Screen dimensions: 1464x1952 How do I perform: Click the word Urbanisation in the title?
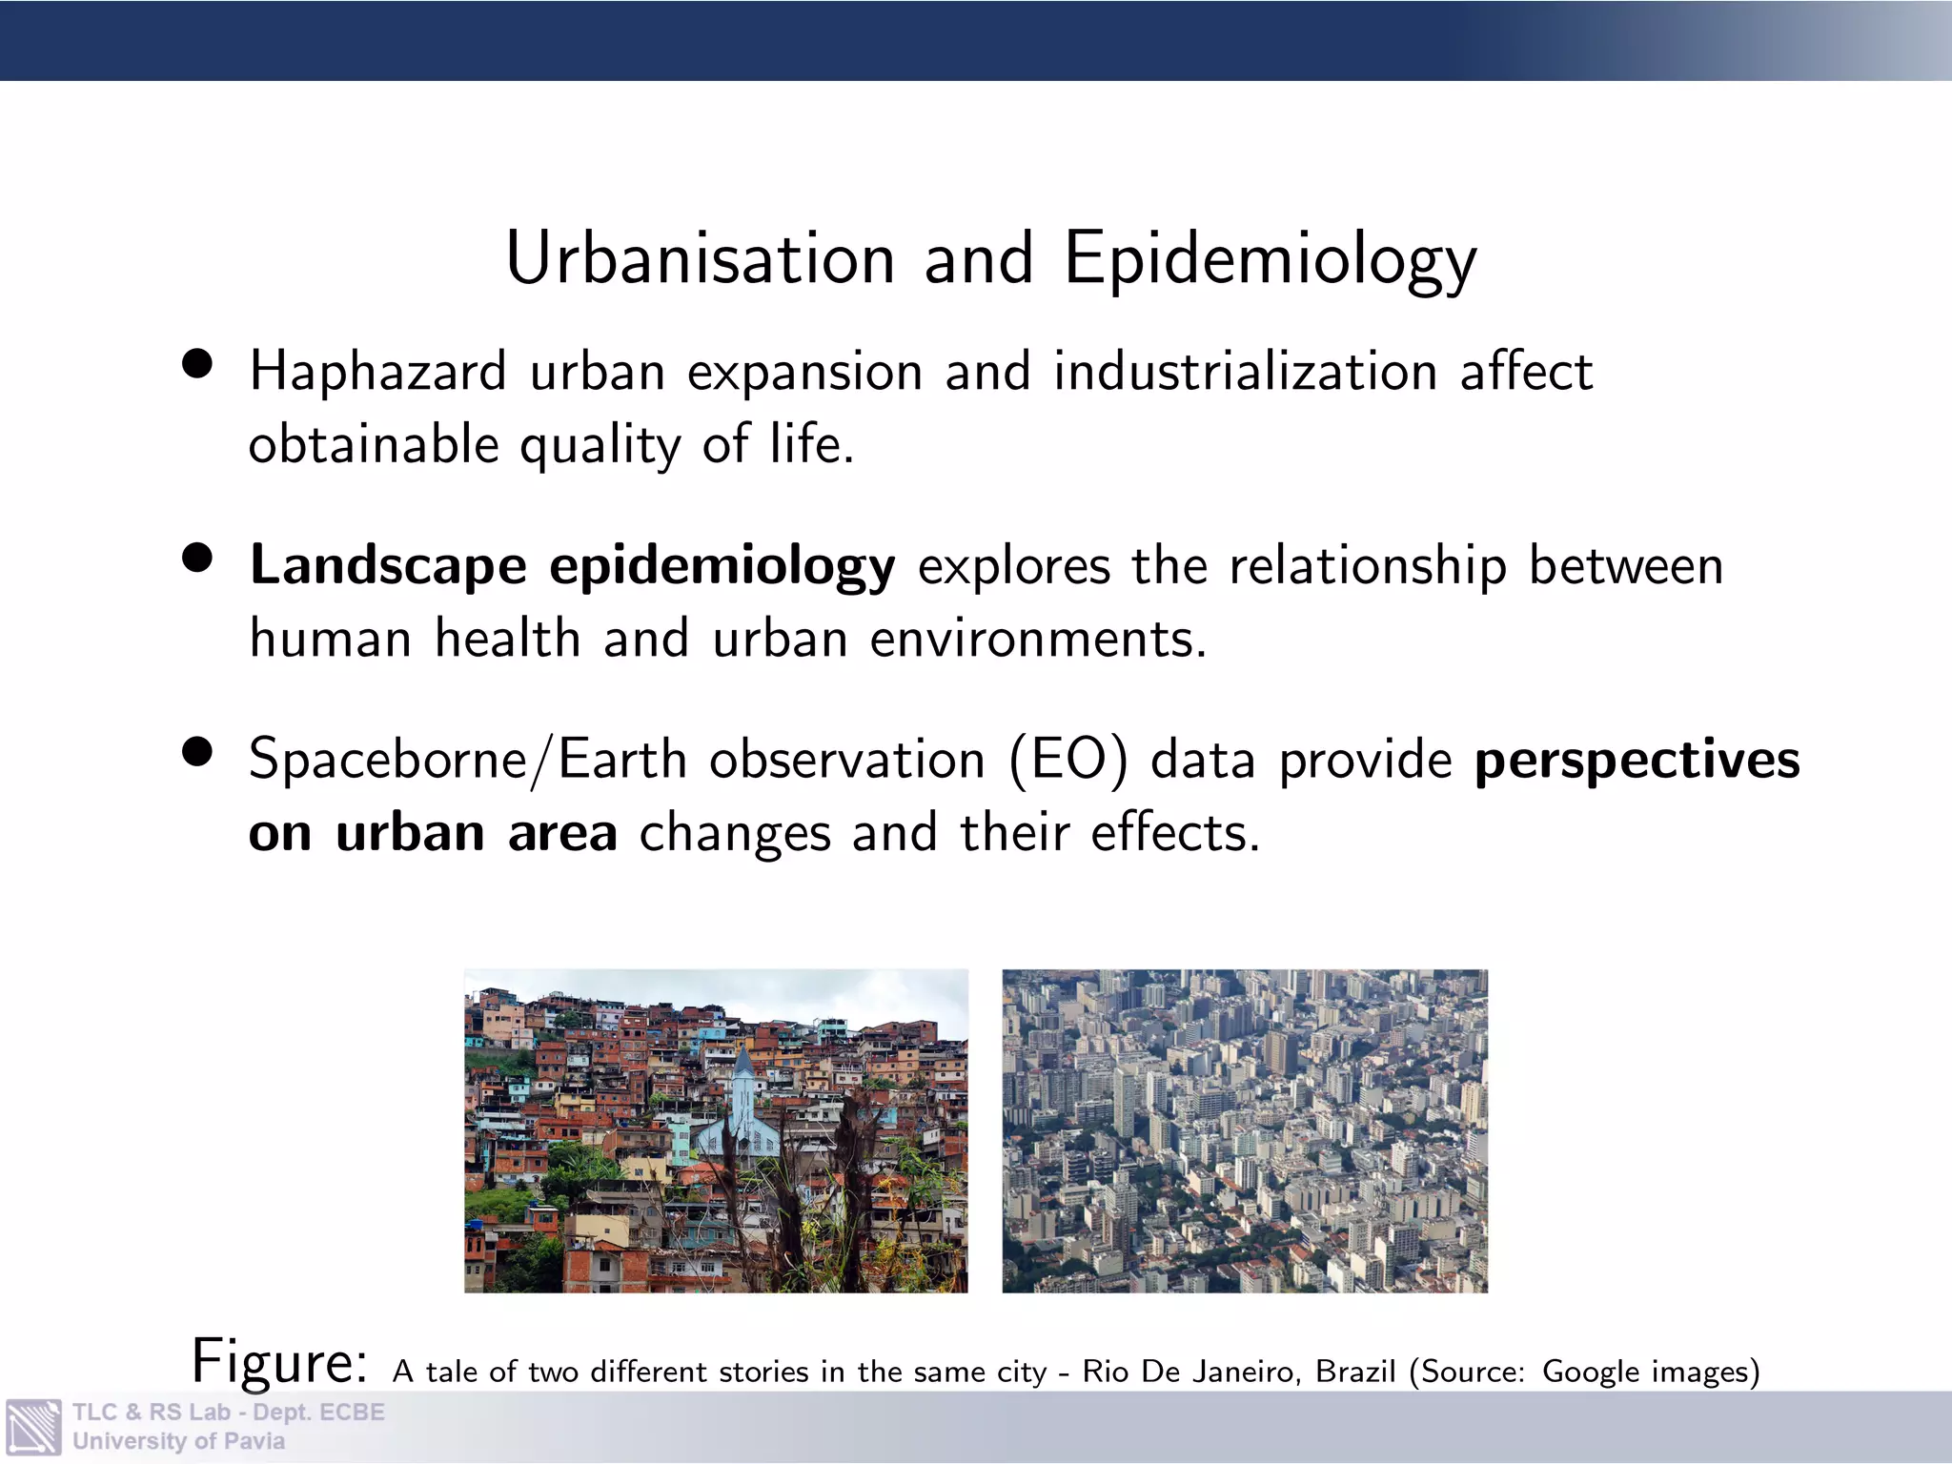pyautogui.click(x=701, y=258)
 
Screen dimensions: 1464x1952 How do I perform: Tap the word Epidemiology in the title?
pyautogui.click(x=1270, y=260)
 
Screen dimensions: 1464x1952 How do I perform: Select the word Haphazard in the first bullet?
pyautogui.click(x=377, y=372)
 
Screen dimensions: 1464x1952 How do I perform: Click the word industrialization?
pyautogui.click(x=1245, y=372)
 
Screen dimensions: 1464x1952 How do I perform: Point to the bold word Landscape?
pyautogui.click(x=388, y=566)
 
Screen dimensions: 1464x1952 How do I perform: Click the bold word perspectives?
pyautogui.click(x=1637, y=760)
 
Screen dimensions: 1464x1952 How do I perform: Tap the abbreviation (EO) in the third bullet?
pyautogui.click(x=1067, y=761)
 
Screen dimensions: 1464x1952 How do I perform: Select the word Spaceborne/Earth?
pyautogui.click(x=468, y=761)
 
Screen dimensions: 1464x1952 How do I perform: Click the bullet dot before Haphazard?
pyautogui.click(x=197, y=364)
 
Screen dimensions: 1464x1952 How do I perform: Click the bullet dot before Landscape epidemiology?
pyautogui.click(x=197, y=559)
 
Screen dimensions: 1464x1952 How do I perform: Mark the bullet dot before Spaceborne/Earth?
pyautogui.click(x=197, y=752)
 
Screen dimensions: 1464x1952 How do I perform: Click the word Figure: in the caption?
pyautogui.click(x=279, y=1361)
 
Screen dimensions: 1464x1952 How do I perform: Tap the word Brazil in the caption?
pyautogui.click(x=1354, y=1372)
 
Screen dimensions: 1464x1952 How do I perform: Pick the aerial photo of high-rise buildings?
pyautogui.click(x=1244, y=1130)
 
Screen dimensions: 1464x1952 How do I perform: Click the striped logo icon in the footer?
pyautogui.click(x=33, y=1427)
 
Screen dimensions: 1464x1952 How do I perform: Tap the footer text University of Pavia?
pyautogui.click(x=178, y=1441)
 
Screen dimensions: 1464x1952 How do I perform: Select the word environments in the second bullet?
pyautogui.click(x=1038, y=640)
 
